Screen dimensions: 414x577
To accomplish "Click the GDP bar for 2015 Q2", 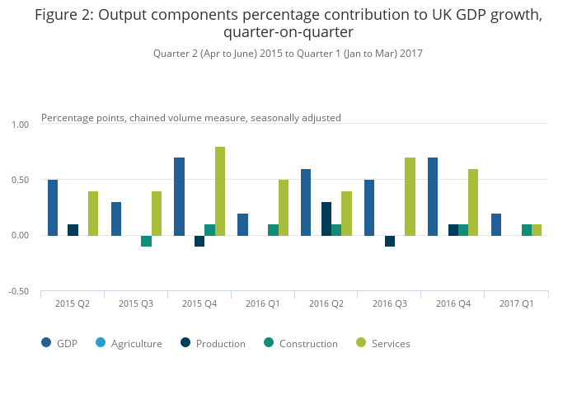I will tap(53, 208).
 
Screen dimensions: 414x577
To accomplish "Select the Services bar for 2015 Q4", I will tap(220, 191).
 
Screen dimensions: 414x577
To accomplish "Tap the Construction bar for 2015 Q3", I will tap(146, 241).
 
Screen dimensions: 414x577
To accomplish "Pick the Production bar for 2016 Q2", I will tap(326, 219).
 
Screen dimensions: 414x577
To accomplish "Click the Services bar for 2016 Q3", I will tap(410, 196).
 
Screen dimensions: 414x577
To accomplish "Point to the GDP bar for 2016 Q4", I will tap(433, 196).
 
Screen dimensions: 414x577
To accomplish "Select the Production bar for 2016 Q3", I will tap(390, 241).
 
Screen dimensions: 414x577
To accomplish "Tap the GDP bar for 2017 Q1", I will tap(496, 224).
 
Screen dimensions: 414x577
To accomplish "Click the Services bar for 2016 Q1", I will tap(284, 208).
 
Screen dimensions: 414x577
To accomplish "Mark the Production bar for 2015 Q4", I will tap(199, 241).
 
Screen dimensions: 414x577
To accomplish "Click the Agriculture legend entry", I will tap(136, 343).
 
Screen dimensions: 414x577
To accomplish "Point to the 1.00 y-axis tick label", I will tap(19, 125).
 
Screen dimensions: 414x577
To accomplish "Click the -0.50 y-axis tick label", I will tap(18, 291).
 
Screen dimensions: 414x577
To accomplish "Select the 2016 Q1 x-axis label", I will tap(263, 304).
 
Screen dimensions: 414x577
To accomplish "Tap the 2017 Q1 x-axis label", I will tap(517, 304).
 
